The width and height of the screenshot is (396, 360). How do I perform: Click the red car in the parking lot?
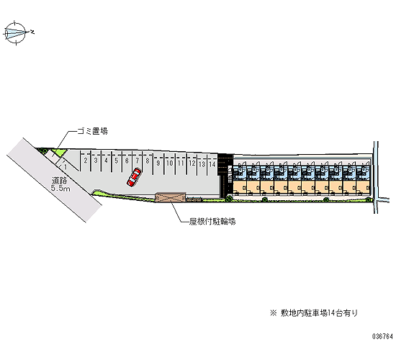pos(134,177)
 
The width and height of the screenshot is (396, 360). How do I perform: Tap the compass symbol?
pos(16,33)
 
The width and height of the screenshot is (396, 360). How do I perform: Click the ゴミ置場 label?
pos(92,131)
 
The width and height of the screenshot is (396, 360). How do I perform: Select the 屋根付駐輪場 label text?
pos(212,222)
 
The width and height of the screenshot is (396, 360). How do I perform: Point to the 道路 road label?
pos(59,181)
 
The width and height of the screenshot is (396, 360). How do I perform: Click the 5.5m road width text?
pos(60,188)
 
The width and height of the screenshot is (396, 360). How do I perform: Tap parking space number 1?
pos(66,167)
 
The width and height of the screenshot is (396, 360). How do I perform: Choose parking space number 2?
pos(86,161)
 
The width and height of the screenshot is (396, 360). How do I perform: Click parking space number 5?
pos(116,161)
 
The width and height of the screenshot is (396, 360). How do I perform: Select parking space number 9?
pos(158,163)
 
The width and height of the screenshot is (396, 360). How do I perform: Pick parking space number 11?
pos(181,163)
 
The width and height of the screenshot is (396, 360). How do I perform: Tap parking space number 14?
pos(212,164)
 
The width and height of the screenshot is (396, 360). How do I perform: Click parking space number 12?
pos(192,163)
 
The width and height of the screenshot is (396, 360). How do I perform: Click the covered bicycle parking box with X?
pos(171,197)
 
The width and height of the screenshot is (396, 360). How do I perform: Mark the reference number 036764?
pos(382,336)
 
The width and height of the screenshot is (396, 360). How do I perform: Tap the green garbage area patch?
pos(60,153)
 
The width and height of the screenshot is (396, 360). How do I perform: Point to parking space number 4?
pos(106,161)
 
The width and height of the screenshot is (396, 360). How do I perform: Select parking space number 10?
pos(169,163)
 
